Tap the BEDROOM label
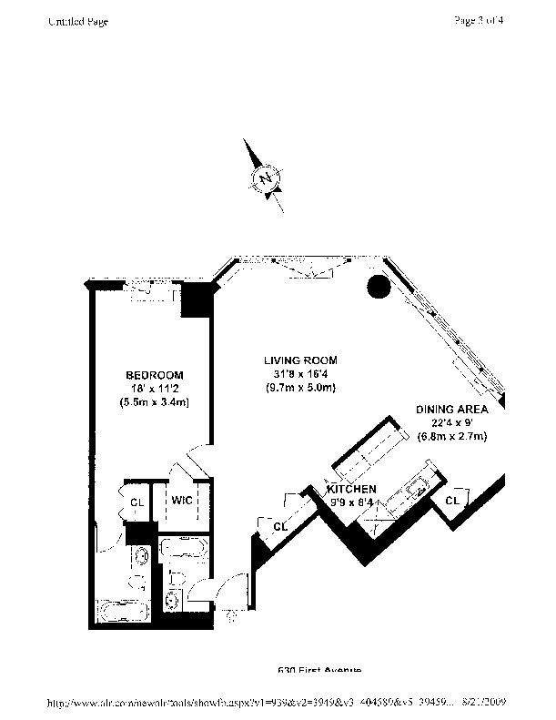[x=154, y=375]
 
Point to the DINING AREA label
[x=452, y=410]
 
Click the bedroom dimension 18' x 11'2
[x=154, y=388]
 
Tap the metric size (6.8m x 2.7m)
[x=452, y=437]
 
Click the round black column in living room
[x=379, y=288]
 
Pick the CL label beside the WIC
[x=136, y=500]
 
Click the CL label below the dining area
[x=452, y=501]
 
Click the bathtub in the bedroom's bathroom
[x=125, y=611]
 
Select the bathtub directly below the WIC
[x=185, y=549]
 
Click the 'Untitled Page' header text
[x=78, y=22]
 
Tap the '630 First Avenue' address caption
[x=320, y=670]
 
